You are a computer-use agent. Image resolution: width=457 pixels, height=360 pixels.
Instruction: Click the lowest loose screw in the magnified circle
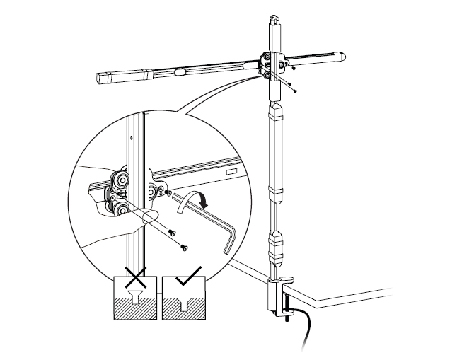tap(185, 247)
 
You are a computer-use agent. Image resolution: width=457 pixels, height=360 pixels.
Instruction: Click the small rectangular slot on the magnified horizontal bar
tap(231, 172)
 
